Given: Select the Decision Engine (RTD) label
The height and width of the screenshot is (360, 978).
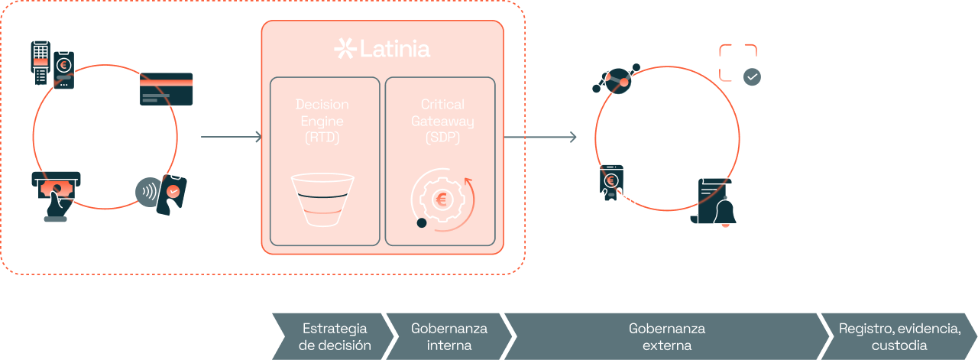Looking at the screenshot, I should coord(322,121).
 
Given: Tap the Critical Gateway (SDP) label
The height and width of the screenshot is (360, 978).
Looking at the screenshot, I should coord(442,121).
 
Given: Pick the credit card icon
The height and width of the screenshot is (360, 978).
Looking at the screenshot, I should coord(166,89).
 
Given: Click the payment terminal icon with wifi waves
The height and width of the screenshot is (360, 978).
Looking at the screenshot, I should coord(52,63).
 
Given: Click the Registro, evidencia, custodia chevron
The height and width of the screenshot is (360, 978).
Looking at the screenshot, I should coord(899,336).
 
